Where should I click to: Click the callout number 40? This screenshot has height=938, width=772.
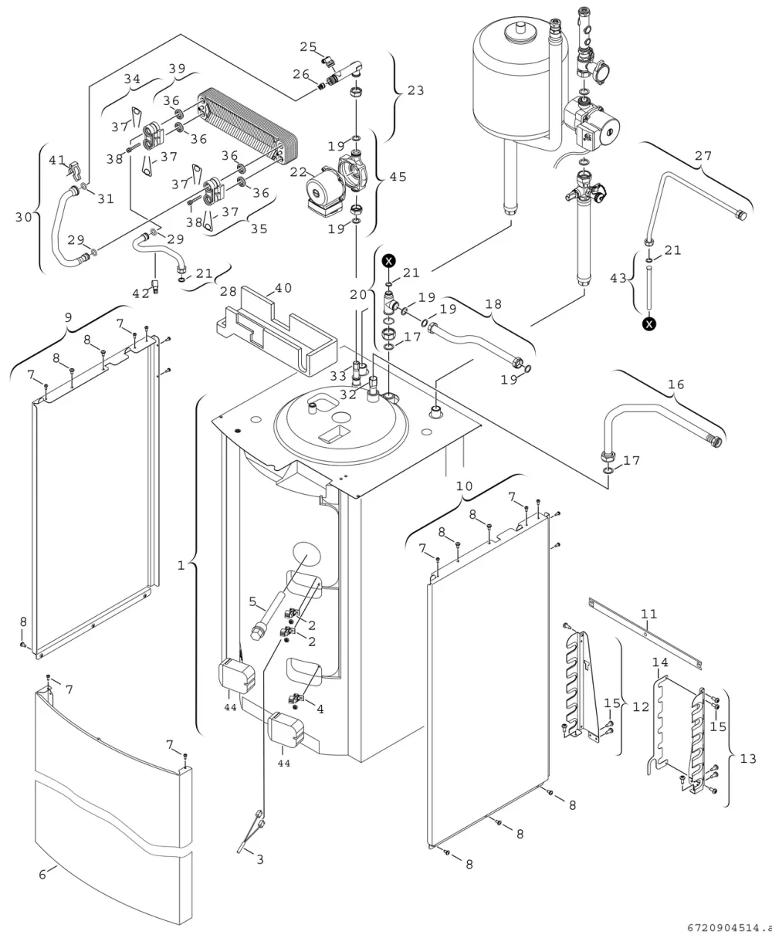click(283, 288)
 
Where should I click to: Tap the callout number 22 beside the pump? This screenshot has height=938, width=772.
click(299, 172)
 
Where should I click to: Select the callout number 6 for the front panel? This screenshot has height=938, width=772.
click(42, 875)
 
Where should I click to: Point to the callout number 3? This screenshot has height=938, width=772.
click(260, 860)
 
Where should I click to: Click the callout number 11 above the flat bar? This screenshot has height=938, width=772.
click(648, 615)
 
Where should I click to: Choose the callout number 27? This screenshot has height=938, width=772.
click(703, 156)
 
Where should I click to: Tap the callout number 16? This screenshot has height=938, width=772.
click(676, 384)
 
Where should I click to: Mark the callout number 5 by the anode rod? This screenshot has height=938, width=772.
click(252, 602)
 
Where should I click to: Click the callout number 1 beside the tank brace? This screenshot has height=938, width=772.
click(181, 566)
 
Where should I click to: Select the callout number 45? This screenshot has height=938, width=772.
click(398, 177)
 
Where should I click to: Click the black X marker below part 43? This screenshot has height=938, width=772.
click(649, 324)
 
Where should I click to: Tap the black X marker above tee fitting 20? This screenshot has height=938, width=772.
click(389, 261)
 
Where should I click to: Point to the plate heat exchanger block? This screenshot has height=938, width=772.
click(248, 127)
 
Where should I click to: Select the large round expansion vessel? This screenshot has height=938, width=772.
click(520, 78)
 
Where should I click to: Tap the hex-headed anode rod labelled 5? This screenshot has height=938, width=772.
click(267, 616)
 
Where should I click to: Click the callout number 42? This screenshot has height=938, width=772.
click(141, 293)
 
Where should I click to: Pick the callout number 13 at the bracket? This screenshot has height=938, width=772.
click(748, 759)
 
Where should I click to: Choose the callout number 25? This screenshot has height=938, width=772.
click(308, 47)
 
